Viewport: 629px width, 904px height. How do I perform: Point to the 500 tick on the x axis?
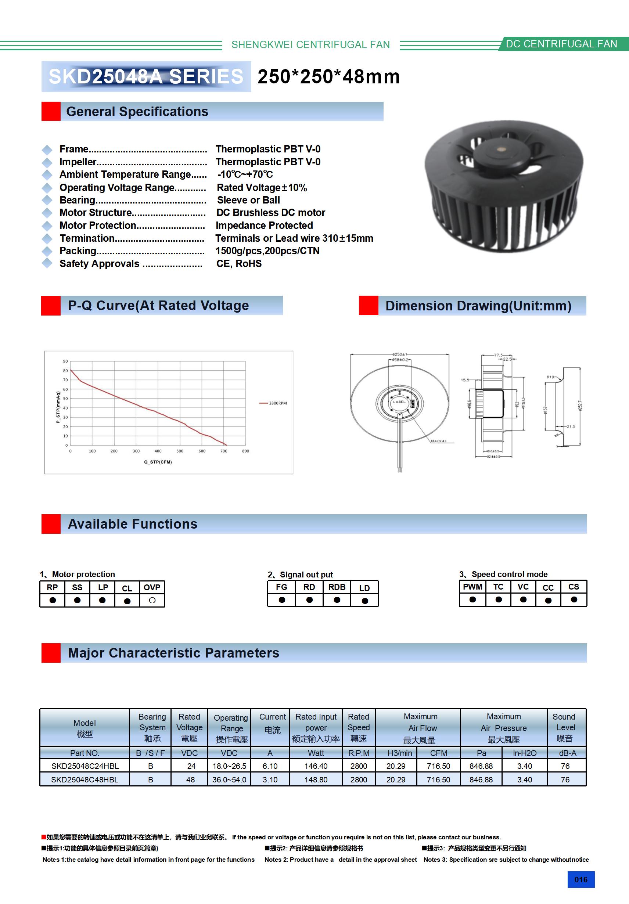tap(180, 451)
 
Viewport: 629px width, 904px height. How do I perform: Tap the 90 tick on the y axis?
tap(65, 361)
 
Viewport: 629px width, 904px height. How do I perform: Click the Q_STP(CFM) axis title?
tap(158, 462)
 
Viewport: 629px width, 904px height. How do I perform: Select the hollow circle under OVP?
tap(152, 601)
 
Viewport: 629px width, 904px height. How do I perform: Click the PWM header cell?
tap(472, 587)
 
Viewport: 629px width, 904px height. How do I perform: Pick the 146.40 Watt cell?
tap(316, 766)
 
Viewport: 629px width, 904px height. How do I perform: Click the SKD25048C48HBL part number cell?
tap(85, 779)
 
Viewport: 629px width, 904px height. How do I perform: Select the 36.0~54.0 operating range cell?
tap(229, 779)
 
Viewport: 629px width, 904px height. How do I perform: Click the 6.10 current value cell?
tap(270, 766)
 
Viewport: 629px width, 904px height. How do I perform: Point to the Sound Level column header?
tap(565, 727)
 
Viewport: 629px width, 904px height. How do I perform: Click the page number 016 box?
tap(581, 880)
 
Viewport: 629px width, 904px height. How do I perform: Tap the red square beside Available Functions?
tap(51, 524)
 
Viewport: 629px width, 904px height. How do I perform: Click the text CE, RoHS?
tap(239, 264)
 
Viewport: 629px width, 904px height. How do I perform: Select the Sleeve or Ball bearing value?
tap(248, 200)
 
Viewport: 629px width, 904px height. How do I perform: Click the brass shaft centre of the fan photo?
tap(502, 150)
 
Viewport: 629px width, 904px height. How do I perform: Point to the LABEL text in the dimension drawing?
tap(399, 402)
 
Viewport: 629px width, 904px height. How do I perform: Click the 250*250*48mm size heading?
tap(328, 76)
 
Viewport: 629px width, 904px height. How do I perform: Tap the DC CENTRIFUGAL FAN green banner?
tap(561, 44)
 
